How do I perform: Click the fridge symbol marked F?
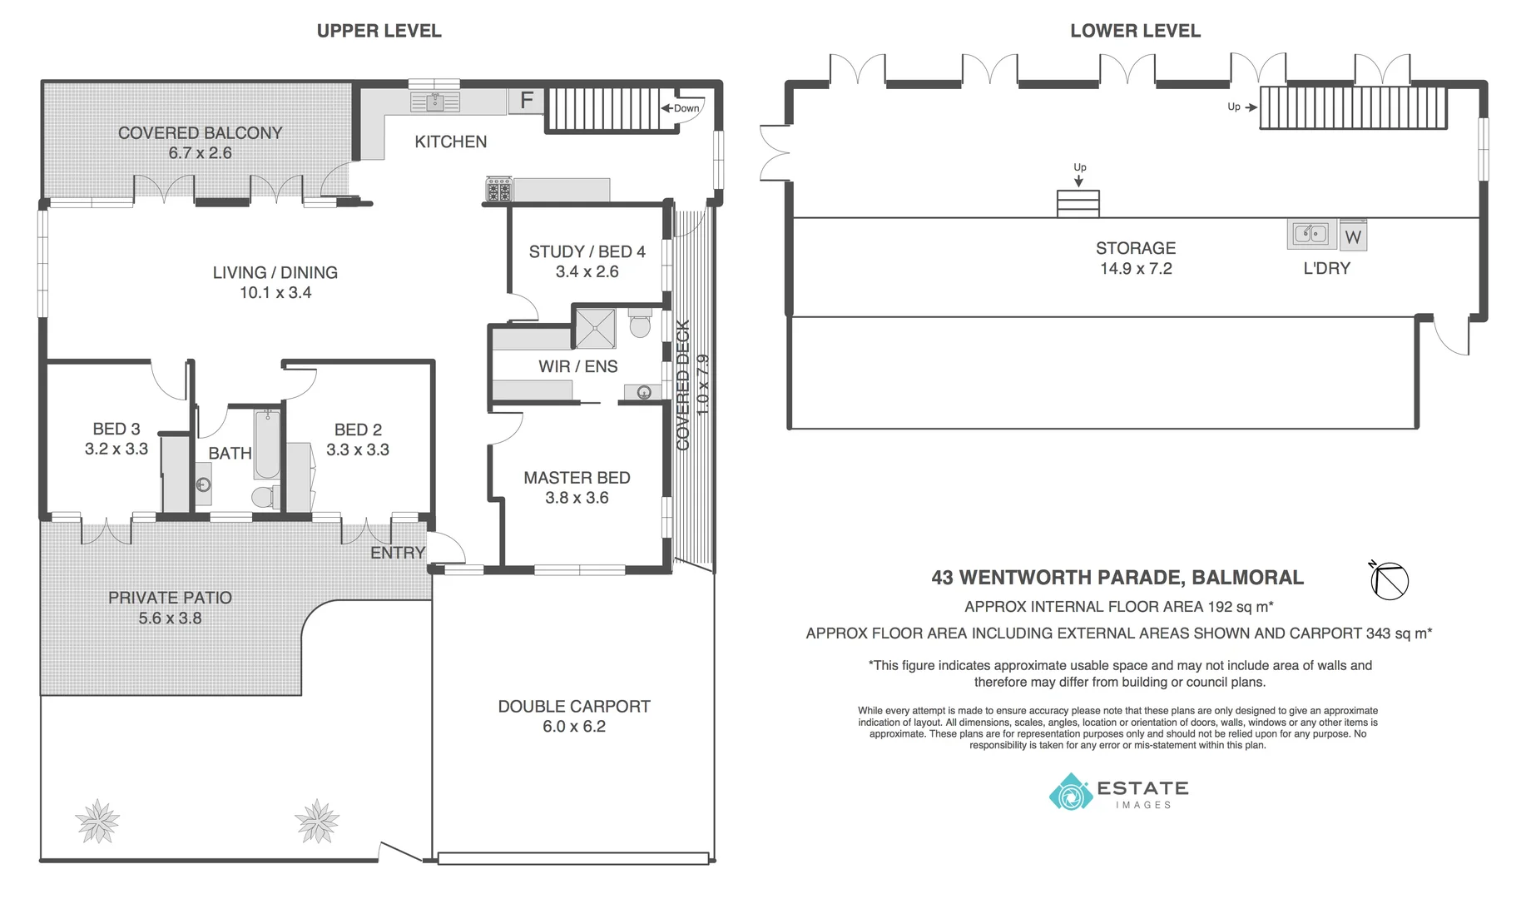click(x=526, y=101)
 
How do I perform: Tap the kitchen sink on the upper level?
click(x=435, y=102)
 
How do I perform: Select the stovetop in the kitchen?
click(x=498, y=190)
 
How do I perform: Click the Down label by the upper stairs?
click(x=686, y=108)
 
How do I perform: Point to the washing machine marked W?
click(x=1353, y=236)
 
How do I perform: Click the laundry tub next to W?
click(x=1310, y=235)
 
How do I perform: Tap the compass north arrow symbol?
click(x=1389, y=580)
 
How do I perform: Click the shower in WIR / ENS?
click(x=596, y=328)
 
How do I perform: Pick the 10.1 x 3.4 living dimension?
click(x=275, y=293)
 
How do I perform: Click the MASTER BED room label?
click(x=577, y=478)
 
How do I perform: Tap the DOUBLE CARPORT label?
click(x=574, y=706)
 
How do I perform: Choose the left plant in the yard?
click(x=98, y=822)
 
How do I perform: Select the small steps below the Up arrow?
click(x=1078, y=203)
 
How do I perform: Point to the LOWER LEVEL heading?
click(x=1135, y=31)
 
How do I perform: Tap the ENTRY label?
click(x=398, y=553)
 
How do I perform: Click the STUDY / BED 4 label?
click(x=587, y=251)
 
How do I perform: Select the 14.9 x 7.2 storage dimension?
click(x=1136, y=269)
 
